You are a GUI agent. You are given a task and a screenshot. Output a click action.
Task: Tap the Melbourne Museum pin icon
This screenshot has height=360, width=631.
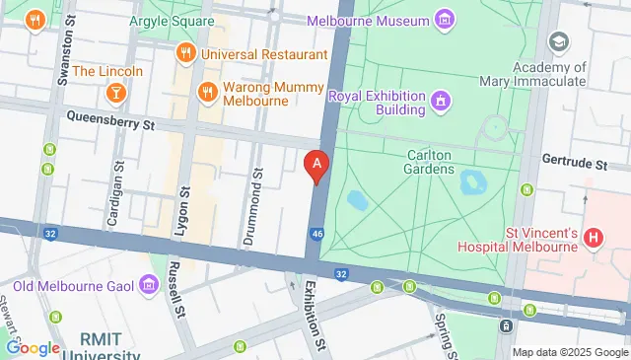pyautogui.click(x=445, y=20)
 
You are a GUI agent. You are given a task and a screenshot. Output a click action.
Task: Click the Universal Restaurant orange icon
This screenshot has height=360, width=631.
pyautogui.click(x=184, y=53)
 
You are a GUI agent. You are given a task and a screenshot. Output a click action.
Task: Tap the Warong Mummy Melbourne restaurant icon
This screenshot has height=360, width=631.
pyautogui.click(x=207, y=92)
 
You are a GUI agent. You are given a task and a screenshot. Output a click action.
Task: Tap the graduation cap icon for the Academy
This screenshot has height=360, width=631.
pyautogui.click(x=559, y=41)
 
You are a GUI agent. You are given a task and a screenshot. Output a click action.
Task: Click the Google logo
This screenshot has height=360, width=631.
pyautogui.click(x=33, y=347)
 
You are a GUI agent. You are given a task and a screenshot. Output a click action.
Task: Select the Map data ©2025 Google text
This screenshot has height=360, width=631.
pyautogui.click(x=569, y=352)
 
